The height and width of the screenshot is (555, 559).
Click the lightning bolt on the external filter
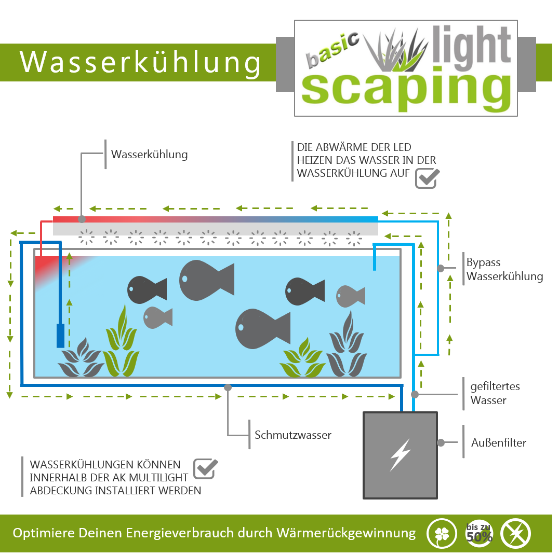[x=401, y=455]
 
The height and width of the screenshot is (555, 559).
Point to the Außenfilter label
[x=498, y=442]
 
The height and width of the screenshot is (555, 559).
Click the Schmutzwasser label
[x=292, y=435]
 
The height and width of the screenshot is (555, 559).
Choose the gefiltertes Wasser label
[x=495, y=393]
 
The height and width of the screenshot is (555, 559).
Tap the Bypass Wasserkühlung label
[x=504, y=269]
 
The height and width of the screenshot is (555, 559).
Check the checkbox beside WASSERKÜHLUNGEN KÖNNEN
[x=205, y=469]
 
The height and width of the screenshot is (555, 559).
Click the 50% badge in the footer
[x=479, y=533]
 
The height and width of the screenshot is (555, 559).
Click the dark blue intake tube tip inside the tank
[x=61, y=336]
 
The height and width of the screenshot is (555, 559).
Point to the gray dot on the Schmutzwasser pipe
[x=228, y=387]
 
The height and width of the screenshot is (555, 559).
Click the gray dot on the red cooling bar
[x=82, y=219]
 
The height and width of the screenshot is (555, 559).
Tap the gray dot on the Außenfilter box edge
[x=441, y=442]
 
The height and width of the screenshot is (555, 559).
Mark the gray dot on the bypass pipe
[x=441, y=268]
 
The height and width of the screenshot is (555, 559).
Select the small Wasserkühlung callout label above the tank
[x=150, y=155]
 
